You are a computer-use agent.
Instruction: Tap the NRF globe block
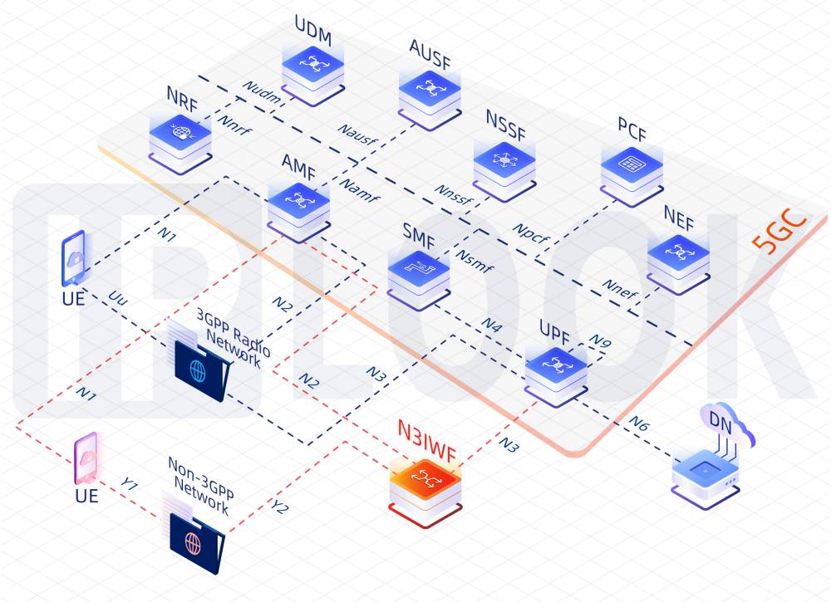(180, 135)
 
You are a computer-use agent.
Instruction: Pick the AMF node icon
(298, 204)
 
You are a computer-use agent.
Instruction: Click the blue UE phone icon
(74, 260)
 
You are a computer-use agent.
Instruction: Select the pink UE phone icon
(86, 458)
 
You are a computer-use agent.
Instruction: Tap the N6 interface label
(638, 423)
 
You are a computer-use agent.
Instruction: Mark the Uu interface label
(118, 296)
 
